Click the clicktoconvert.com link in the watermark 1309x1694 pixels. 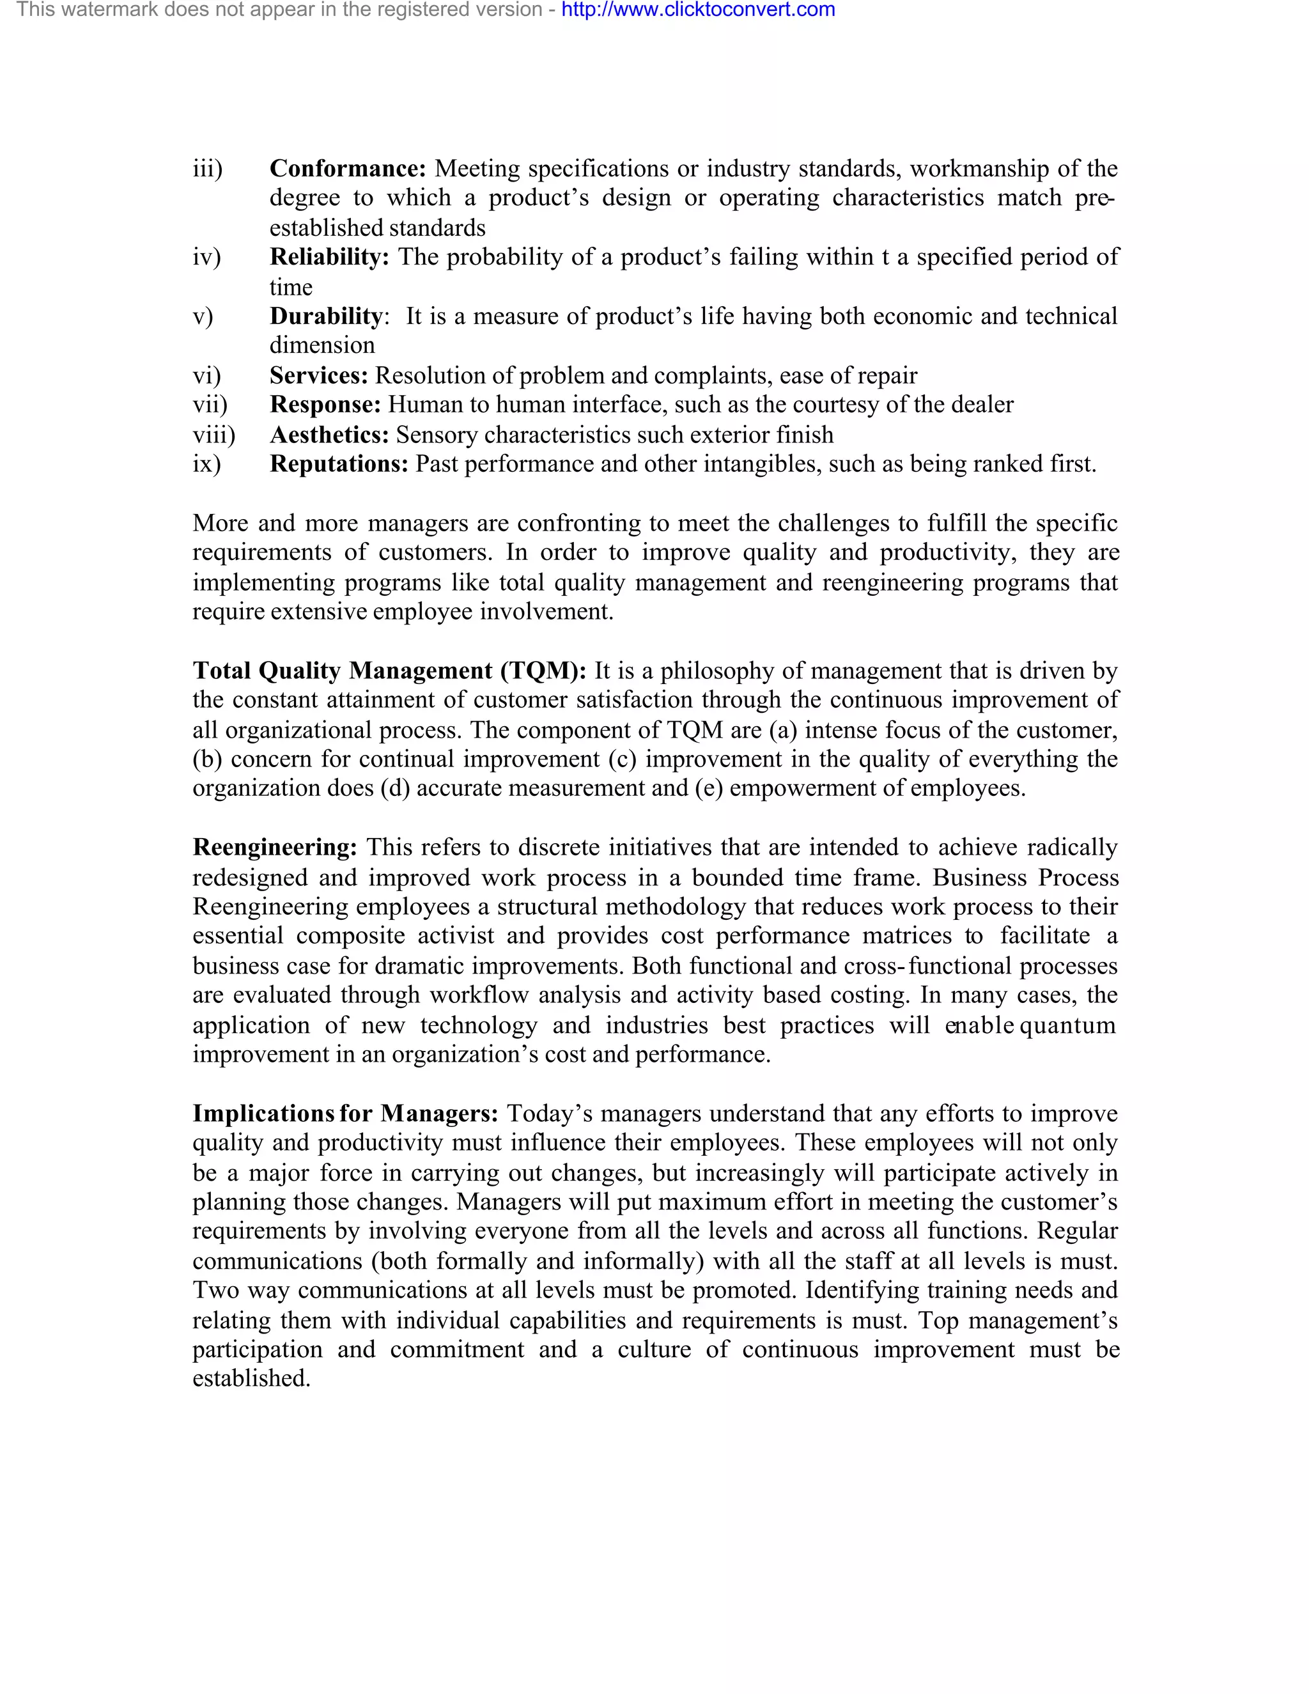[698, 10]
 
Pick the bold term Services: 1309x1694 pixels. [319, 375]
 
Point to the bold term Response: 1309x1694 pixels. [325, 405]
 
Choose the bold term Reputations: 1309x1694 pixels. [339, 464]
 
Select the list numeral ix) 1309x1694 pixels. [206, 464]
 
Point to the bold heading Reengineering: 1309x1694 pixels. [274, 848]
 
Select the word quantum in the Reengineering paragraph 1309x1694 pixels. [1067, 1025]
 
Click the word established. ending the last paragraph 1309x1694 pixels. [251, 1378]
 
